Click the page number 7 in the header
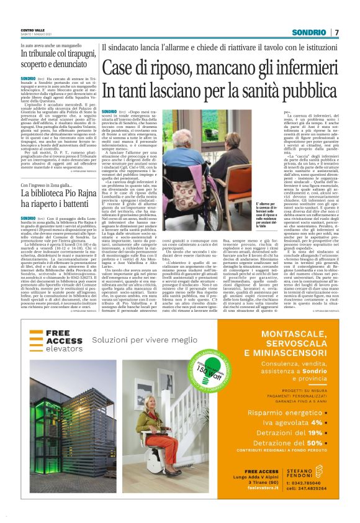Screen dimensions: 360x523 coord(336,32)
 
